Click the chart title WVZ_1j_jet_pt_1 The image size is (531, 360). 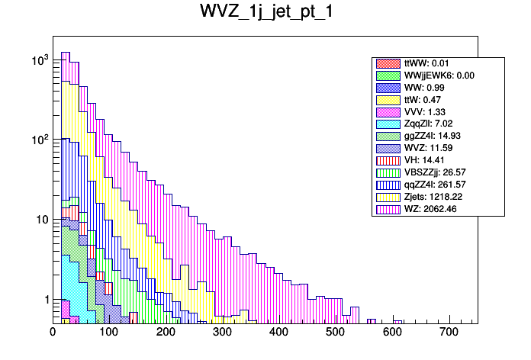click(265, 13)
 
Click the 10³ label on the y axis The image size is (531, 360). click(39, 59)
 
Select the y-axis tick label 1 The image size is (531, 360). click(44, 299)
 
